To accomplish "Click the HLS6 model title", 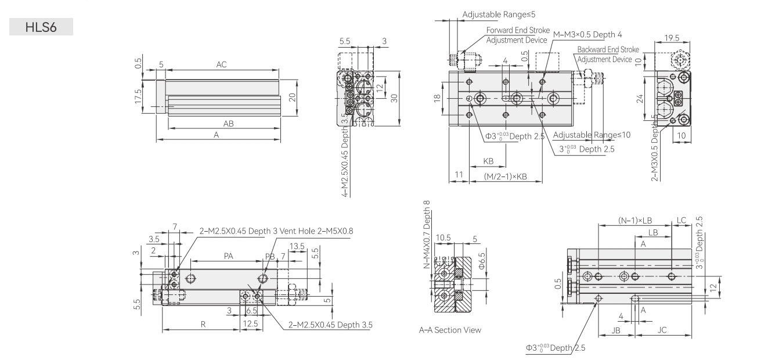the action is click(x=41, y=27).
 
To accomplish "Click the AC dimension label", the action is click(x=222, y=64).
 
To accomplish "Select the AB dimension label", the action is click(x=228, y=124).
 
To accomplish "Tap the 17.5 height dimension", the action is click(x=138, y=96).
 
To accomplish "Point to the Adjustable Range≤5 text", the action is click(x=499, y=15).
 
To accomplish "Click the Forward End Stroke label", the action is click(x=518, y=30).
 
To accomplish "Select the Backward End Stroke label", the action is click(x=608, y=49).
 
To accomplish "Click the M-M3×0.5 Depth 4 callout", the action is click(x=587, y=35).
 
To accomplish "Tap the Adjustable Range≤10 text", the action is click(x=592, y=135).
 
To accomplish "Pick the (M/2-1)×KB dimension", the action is click(x=506, y=177).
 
